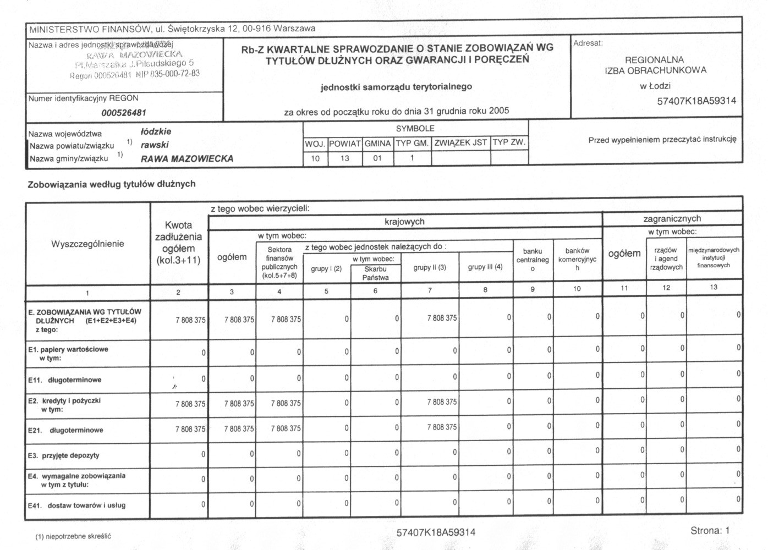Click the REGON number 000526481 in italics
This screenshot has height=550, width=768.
[124, 113]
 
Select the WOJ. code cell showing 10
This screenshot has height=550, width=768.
[315, 158]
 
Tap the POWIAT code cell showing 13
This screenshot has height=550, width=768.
[345, 158]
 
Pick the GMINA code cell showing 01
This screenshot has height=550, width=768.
[377, 158]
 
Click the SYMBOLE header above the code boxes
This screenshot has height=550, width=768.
[415, 128]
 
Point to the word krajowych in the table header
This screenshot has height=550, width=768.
[404, 222]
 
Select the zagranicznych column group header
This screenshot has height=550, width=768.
[672, 218]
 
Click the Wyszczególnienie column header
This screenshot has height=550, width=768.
[87, 244]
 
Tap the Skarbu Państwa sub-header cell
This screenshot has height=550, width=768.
[375, 273]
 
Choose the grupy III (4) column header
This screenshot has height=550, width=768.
[485, 267]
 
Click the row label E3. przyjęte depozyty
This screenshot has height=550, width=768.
[64, 455]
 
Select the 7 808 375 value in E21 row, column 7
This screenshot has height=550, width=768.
[442, 427]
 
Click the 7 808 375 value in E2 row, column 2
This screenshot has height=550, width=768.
[190, 404]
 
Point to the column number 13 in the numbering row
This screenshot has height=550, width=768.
[714, 287]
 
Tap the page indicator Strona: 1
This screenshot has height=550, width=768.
[710, 531]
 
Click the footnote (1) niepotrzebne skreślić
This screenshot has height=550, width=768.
[73, 536]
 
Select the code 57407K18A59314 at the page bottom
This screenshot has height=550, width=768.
[436, 532]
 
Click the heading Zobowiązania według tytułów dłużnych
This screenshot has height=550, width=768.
[112, 184]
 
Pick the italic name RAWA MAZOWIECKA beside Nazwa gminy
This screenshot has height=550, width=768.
[187, 159]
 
